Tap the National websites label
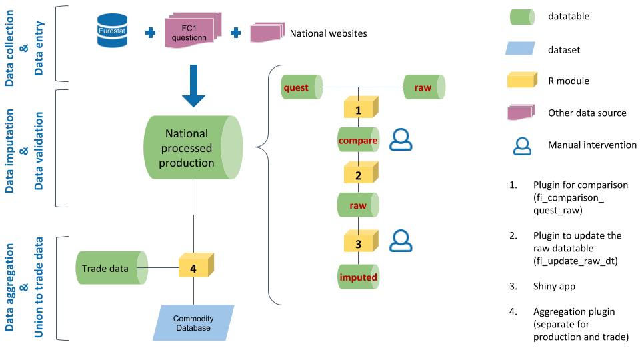click(328, 33)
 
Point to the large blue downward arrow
click(194, 85)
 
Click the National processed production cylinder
click(193, 147)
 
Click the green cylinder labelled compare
click(359, 141)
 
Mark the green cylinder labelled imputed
click(359, 277)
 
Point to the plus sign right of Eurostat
click(149, 33)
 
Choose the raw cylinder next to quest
click(424, 87)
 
